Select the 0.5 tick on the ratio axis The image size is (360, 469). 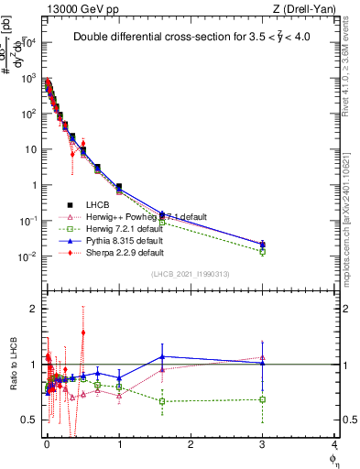click(x=30, y=420)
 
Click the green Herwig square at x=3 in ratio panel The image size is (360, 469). click(x=263, y=399)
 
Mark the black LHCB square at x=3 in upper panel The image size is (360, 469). click(x=263, y=244)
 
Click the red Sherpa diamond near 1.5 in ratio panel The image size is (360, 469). click(x=83, y=333)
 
